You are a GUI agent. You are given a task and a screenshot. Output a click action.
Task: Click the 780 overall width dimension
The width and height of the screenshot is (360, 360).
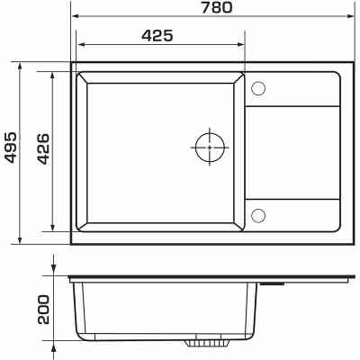click(217, 7)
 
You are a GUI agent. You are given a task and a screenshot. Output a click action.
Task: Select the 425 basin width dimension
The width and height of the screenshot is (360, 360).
click(157, 36)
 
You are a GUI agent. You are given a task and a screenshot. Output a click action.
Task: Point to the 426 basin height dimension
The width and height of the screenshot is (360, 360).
click(43, 148)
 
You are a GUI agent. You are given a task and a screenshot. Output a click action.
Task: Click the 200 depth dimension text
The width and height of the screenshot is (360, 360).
click(43, 310)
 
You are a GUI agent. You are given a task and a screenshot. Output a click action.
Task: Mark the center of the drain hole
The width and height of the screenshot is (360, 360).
click(210, 147)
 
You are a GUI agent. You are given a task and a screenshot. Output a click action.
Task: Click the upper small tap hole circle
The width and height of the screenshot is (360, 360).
click(258, 88)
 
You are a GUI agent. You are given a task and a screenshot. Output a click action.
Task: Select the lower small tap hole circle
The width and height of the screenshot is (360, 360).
click(258, 215)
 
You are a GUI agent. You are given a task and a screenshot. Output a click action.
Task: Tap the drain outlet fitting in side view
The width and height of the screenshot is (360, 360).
click(207, 344)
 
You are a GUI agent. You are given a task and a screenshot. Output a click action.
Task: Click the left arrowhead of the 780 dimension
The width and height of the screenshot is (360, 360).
click(76, 16)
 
